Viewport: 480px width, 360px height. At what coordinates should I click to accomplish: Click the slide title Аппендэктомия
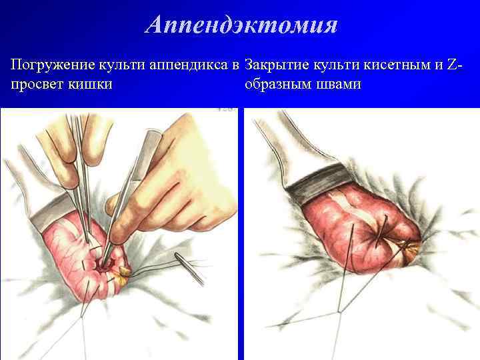(x=241, y=25)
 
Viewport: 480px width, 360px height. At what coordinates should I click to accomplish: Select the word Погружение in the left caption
(x=51, y=66)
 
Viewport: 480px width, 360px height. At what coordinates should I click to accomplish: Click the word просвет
(x=37, y=85)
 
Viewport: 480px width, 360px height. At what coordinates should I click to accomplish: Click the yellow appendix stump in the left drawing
(x=125, y=271)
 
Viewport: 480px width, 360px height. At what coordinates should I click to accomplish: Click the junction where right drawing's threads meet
(x=340, y=309)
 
